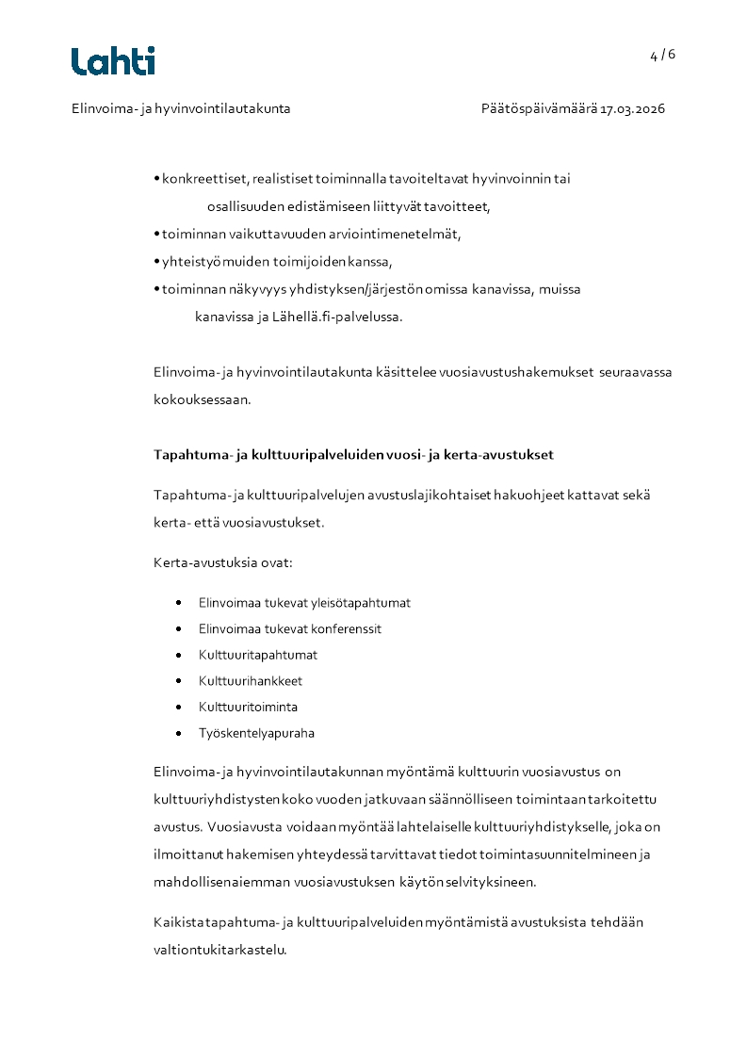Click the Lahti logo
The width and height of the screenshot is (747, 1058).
point(113,61)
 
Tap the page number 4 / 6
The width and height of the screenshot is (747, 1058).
point(662,55)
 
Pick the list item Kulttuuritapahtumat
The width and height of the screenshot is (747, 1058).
point(258,655)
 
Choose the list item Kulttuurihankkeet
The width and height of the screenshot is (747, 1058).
point(251,681)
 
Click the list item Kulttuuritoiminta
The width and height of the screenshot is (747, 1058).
point(248,707)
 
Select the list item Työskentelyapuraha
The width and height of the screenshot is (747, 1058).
point(256,733)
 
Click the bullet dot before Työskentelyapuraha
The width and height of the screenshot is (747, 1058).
point(178,733)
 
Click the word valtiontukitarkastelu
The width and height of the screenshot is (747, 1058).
point(219,950)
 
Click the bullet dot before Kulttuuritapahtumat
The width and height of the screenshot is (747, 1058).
point(178,655)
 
